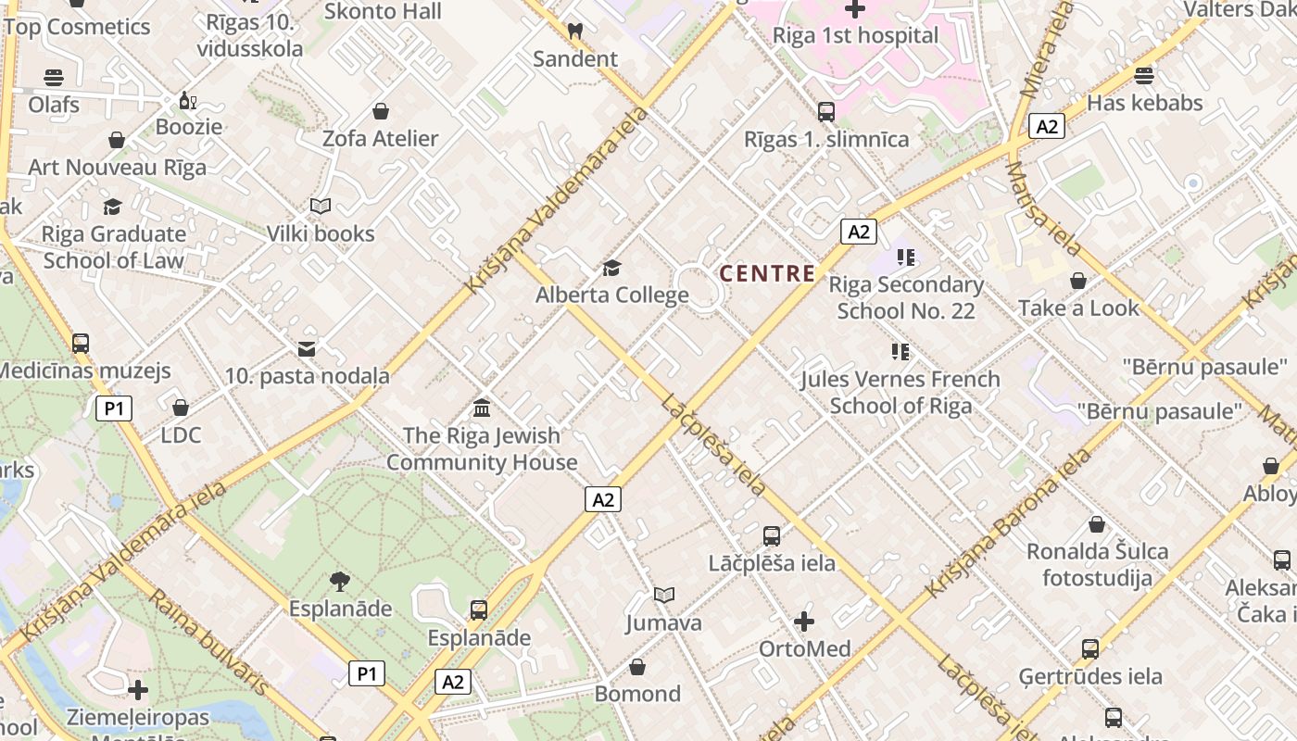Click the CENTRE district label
tap(767, 273)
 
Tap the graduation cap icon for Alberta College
tap(611, 268)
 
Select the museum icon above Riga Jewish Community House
tap(482, 408)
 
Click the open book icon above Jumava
tap(663, 595)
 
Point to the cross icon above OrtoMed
tap(804, 621)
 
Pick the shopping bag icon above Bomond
tap(637, 667)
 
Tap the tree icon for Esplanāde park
tap(340, 582)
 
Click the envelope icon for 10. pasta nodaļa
tap(307, 349)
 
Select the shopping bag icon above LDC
tap(181, 408)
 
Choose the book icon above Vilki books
tap(321, 206)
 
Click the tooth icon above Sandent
tap(574, 31)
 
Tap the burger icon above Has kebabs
tap(1144, 75)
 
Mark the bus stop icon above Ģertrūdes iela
tap(1090, 648)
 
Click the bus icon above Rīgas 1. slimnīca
tap(826, 112)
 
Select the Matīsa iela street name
tap(1043, 208)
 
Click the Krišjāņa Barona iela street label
tap(1010, 523)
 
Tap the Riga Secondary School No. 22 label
tap(906, 297)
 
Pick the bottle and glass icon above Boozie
tap(188, 100)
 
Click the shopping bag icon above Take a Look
tap(1078, 281)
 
